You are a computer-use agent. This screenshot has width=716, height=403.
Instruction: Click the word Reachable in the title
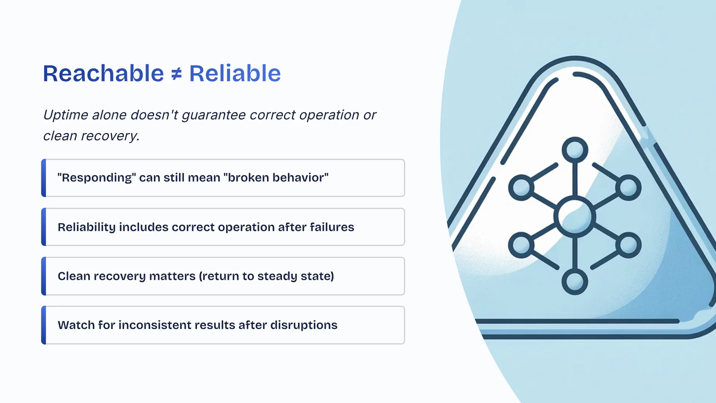pos(103,73)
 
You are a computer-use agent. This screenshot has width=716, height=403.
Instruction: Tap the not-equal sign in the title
pos(176,74)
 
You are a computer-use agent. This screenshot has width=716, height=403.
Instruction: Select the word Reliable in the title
pos(235,73)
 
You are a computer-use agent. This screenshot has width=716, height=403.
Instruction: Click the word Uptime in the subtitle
pos(66,115)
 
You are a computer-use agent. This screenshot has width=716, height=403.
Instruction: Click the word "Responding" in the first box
pos(97,177)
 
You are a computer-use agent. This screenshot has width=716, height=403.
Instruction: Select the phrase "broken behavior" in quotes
pos(276,177)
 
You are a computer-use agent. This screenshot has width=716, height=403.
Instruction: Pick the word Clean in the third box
pos(74,276)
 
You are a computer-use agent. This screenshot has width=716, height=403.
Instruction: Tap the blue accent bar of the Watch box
pos(44,325)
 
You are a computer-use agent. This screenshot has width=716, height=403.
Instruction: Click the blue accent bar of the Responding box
pos(44,178)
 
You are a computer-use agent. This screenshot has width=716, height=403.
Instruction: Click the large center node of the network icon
pos(575,216)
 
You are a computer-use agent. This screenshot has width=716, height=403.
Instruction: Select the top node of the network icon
pos(575,150)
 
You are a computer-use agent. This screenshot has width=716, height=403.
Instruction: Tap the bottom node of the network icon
pos(575,282)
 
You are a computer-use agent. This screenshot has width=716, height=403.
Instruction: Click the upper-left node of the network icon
pos(521,188)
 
